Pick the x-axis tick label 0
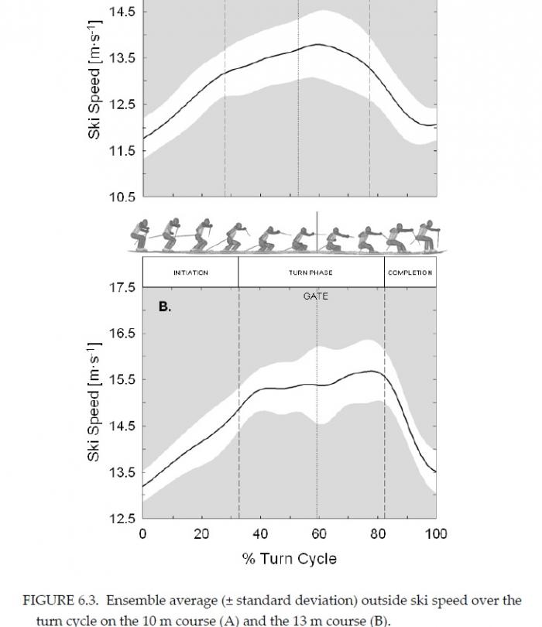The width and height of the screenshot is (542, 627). point(142,534)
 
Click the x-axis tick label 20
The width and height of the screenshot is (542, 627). point(201,534)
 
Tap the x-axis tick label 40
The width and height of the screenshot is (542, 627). point(260,534)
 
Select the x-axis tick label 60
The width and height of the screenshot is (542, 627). point(318,534)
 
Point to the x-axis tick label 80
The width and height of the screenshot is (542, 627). point(377,534)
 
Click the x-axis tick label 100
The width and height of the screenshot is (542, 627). point(436,534)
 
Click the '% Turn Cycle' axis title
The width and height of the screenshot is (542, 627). point(289,558)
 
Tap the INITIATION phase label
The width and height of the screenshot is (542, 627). point(190,272)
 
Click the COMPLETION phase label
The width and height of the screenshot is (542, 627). point(410,272)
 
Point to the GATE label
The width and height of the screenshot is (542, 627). point(315,296)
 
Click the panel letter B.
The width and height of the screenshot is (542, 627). point(164,307)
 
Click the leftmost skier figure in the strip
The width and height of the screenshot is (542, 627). point(142,235)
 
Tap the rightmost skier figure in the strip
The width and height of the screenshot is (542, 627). point(427,235)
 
